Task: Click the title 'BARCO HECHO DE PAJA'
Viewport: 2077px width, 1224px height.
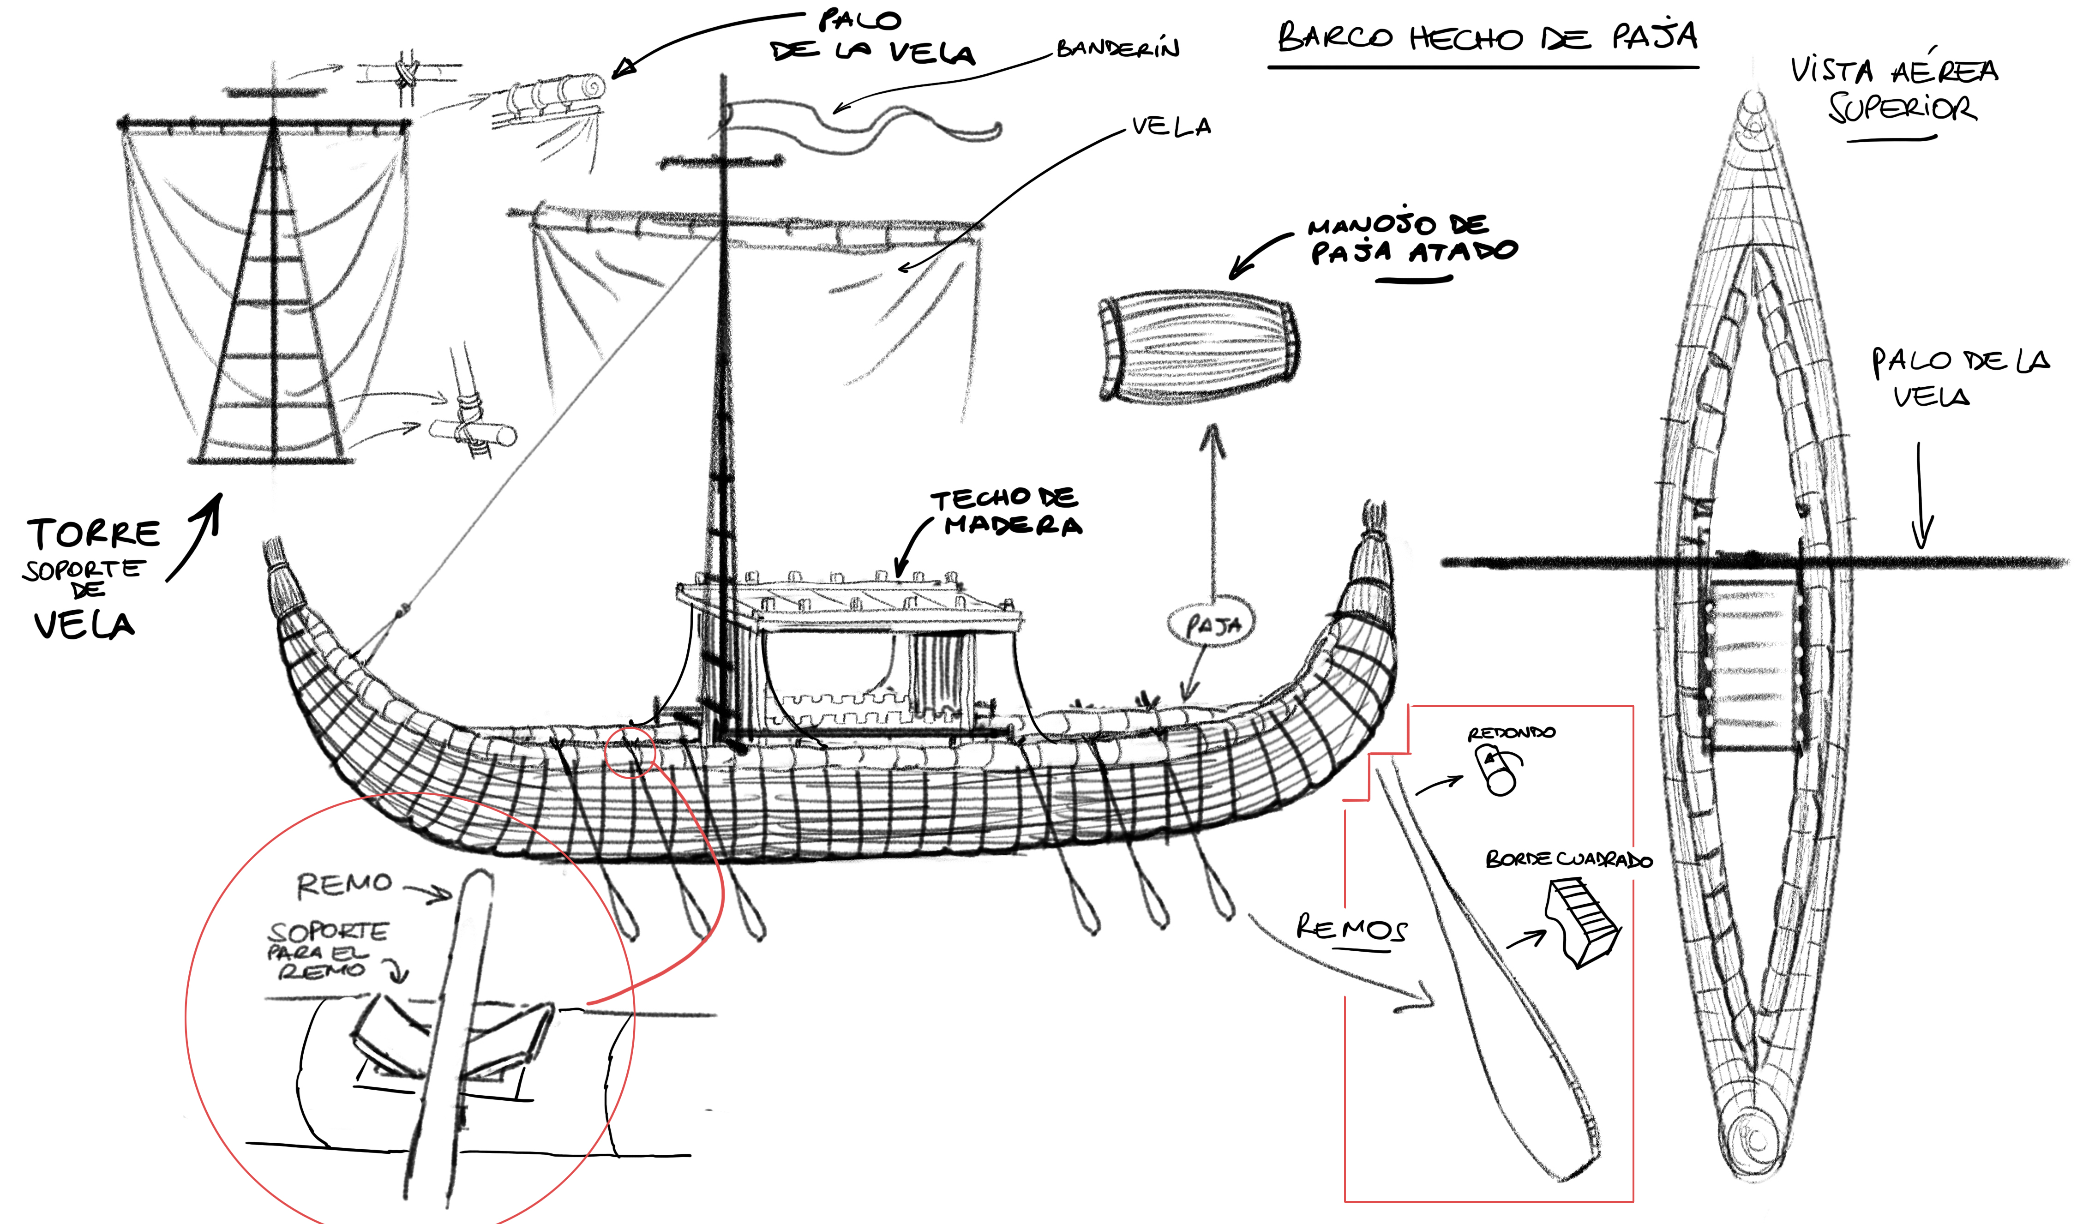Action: [1487, 37]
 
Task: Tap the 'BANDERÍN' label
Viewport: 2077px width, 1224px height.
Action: [1118, 48]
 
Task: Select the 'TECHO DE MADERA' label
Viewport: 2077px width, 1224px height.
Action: [1006, 512]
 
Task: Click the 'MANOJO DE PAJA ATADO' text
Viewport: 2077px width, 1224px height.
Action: [1412, 239]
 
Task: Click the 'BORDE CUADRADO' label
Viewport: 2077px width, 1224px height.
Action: [1569, 859]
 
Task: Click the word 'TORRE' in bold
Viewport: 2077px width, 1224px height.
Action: [94, 534]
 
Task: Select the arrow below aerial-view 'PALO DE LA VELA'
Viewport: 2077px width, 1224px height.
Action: [1921, 495]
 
